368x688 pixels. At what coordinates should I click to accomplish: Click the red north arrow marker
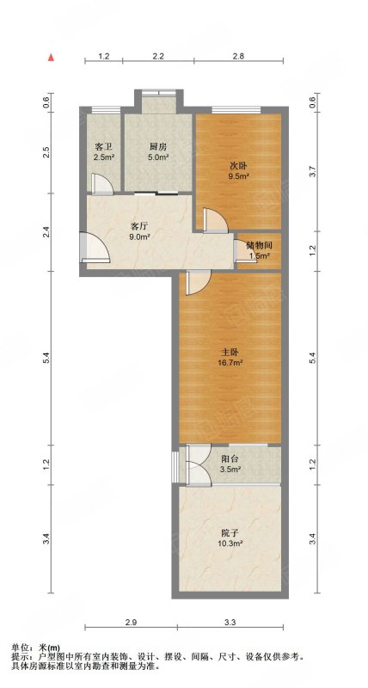[x=52, y=58]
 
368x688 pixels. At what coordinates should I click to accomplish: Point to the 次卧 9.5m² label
[x=240, y=170]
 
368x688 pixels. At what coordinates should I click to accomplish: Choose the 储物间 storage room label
[x=259, y=250]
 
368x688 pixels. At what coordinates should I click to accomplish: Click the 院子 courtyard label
[x=232, y=538]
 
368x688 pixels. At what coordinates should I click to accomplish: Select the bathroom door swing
[x=102, y=183]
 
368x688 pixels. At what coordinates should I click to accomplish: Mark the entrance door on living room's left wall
[x=94, y=248]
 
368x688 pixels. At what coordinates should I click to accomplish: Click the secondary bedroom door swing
[x=216, y=219]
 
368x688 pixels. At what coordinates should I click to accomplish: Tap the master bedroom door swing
[x=199, y=283]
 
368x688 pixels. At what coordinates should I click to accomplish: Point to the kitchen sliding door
[x=156, y=193]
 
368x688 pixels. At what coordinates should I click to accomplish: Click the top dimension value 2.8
[x=238, y=56]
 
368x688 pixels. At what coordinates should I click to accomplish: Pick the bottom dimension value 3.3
[x=230, y=622]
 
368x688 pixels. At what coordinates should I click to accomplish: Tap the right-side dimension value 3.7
[x=312, y=170]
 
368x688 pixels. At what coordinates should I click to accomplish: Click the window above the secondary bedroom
[x=236, y=109]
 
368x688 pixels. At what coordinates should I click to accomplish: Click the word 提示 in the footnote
[x=18, y=657]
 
